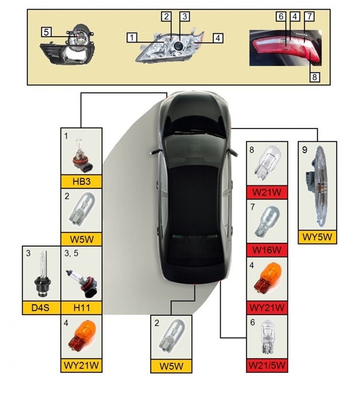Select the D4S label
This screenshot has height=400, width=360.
40,307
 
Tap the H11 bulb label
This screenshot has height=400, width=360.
81,307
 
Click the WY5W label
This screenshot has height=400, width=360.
318,236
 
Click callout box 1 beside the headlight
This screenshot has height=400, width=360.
132,38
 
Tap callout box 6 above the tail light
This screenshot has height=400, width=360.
281,17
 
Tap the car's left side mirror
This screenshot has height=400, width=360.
153,150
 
